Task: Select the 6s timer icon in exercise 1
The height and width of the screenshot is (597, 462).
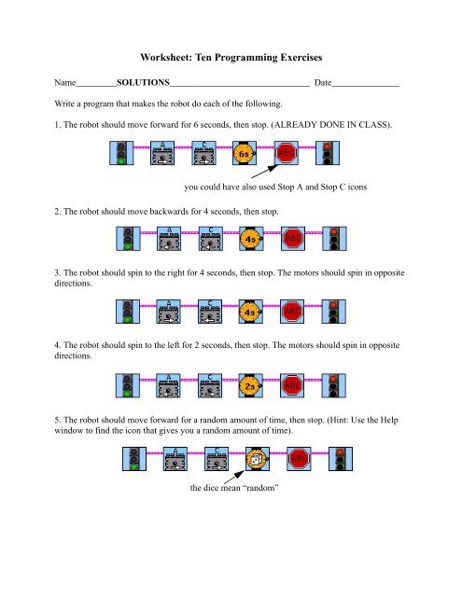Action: tap(245, 153)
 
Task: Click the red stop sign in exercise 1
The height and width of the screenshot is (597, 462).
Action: tap(286, 153)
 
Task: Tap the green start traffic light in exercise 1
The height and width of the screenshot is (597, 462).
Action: tap(121, 153)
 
